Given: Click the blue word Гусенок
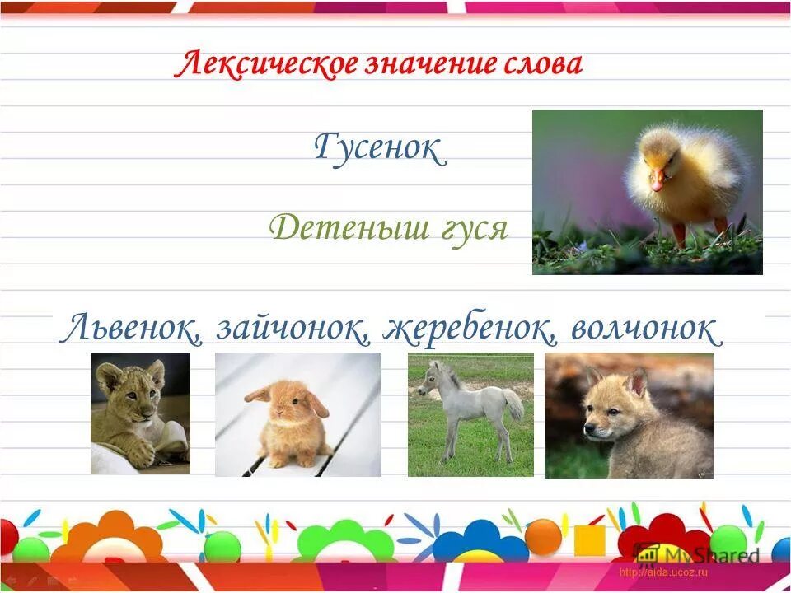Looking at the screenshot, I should click(380, 149).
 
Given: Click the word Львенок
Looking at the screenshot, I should click(132, 329).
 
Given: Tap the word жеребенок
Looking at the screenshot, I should click(466, 329).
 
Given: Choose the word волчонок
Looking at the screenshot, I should click(644, 329).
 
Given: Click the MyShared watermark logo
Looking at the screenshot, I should click(697, 553).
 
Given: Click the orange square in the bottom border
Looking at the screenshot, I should click(588, 539).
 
